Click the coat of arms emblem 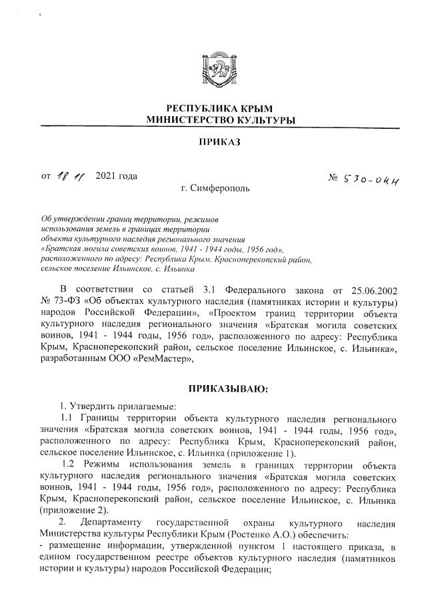(x=213, y=69)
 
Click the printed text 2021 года (x=117, y=176)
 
